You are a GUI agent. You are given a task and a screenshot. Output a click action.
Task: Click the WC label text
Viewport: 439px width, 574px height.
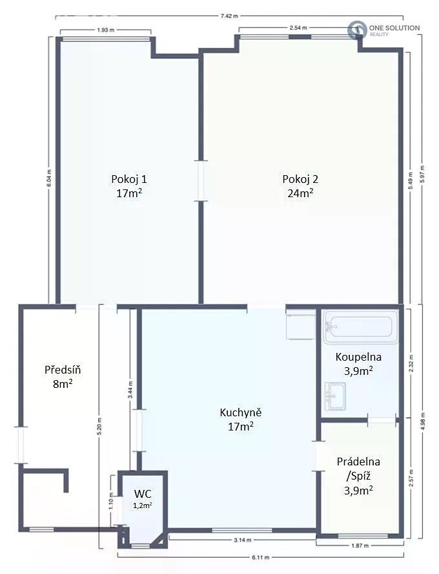[x=143, y=493]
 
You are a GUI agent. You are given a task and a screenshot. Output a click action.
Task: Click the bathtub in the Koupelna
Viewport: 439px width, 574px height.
[x=361, y=327]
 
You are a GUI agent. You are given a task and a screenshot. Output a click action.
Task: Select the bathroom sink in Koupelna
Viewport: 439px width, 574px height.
[x=335, y=396]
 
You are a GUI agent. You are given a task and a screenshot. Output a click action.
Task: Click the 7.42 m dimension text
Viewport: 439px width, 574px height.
[x=229, y=16]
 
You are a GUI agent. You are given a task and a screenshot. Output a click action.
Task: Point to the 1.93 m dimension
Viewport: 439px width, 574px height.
[x=105, y=30]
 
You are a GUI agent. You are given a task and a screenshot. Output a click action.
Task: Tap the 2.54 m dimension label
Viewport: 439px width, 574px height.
[x=298, y=28]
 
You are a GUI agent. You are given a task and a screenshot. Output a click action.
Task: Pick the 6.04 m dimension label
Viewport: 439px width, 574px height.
[x=49, y=178]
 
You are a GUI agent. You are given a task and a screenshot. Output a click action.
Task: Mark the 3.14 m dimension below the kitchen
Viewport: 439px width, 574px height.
[x=242, y=540]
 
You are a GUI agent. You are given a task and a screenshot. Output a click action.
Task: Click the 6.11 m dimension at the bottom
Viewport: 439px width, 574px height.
[x=260, y=558]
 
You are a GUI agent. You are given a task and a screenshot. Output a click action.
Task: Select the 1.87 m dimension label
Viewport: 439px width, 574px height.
[x=360, y=546]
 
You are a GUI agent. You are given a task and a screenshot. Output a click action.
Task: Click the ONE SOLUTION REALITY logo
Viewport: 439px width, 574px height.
[x=383, y=30]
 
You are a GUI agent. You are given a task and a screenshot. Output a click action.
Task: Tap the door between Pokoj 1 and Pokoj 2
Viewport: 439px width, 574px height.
[x=201, y=180]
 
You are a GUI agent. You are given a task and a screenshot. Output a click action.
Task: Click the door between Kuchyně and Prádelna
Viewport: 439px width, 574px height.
[x=318, y=456]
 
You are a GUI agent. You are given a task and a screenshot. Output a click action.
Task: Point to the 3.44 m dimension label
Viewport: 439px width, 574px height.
[x=130, y=390]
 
